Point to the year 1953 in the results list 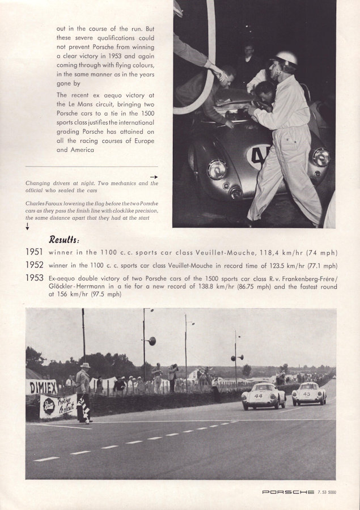[34, 278]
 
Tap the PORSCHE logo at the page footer [288, 492]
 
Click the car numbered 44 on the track [263, 395]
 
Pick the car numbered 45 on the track [309, 393]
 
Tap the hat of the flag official [85, 365]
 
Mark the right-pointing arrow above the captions [154, 177]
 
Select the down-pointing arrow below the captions [28, 227]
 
